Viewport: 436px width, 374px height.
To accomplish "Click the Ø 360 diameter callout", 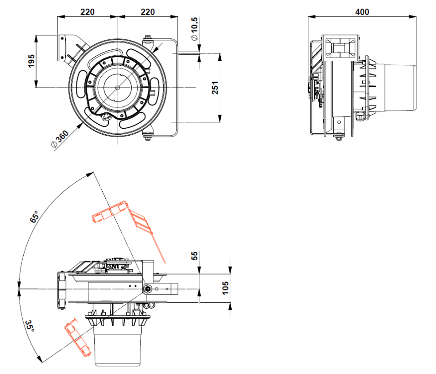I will point(60,139).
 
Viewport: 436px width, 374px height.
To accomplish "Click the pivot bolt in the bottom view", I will point(148,289).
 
